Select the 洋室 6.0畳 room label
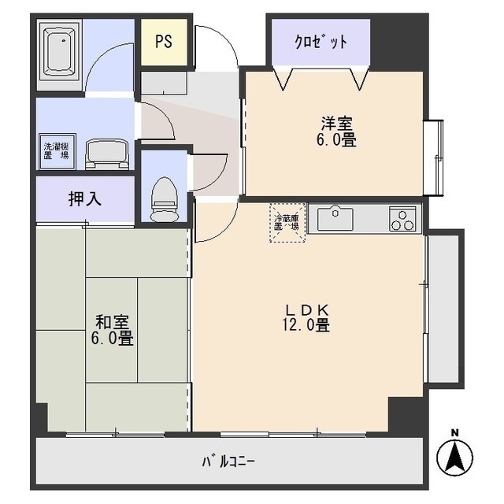pos(337,132)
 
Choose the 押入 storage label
pos(85,198)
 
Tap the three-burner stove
pos(402,218)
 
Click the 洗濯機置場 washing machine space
pos(55,150)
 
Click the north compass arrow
pos(454,456)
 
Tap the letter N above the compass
pos(454,432)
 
